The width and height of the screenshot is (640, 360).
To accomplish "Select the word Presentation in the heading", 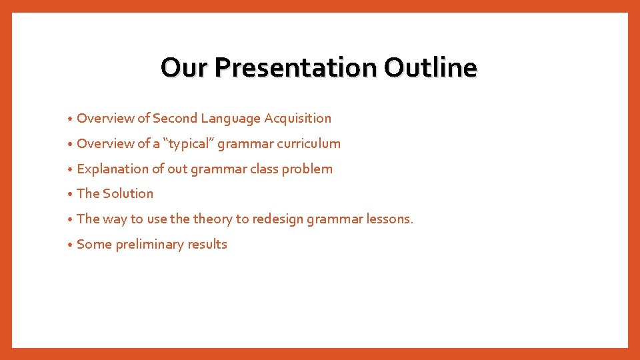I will tap(296, 67).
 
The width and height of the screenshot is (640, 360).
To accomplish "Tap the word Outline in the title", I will tap(431, 67).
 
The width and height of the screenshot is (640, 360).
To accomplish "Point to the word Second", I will tap(175, 119).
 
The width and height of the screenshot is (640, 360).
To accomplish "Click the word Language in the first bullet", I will tap(231, 119).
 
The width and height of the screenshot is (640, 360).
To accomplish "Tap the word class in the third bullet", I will tap(263, 169).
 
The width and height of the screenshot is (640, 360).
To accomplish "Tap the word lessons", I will tap(389, 219).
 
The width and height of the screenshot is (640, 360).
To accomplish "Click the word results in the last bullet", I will tap(207, 245).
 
